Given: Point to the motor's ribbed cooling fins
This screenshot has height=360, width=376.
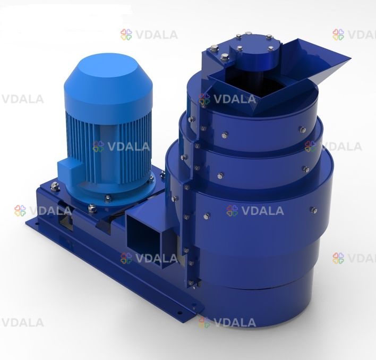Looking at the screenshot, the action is [x=108, y=146].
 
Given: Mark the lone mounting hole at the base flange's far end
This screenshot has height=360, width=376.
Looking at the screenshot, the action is [x=37, y=224].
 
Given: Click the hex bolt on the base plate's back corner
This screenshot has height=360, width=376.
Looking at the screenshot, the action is [x=55, y=186].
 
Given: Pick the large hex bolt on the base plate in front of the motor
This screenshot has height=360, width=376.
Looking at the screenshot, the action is [x=92, y=208].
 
